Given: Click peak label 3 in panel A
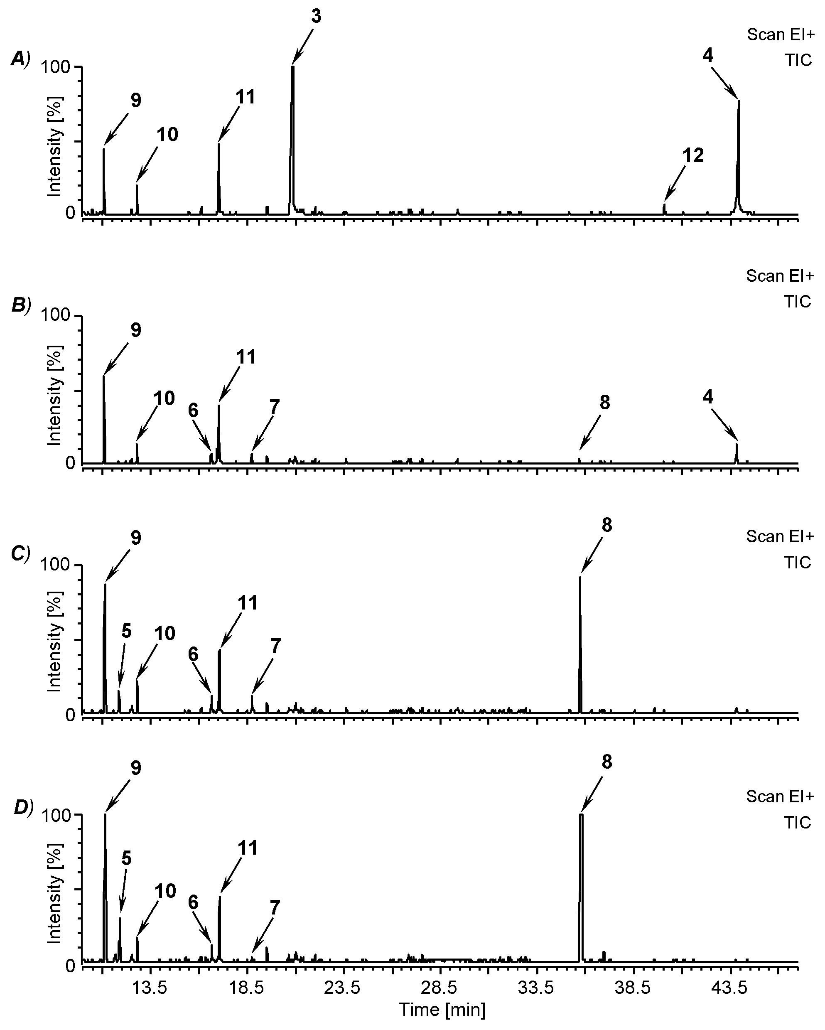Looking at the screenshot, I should coord(316,16).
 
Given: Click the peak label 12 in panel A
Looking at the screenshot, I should coord(693,155).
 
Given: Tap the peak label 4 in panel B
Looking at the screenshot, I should coord(707,396).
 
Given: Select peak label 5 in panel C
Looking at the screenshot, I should coord(126,631).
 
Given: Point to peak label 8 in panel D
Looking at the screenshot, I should coord(606,762).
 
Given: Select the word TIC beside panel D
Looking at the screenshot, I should coord(797,823).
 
